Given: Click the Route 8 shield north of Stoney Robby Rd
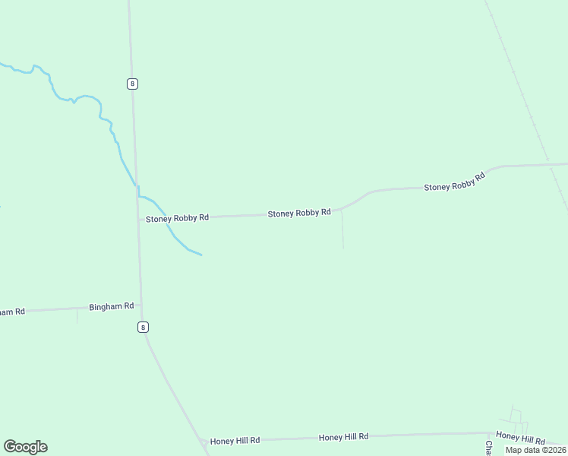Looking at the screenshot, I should click(x=132, y=84).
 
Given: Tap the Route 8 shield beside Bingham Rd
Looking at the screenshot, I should click(x=143, y=327).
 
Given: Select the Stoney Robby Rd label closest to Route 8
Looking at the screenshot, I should click(x=177, y=218).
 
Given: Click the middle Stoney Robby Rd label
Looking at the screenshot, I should click(x=299, y=214).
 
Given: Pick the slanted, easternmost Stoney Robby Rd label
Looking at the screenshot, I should click(x=454, y=182).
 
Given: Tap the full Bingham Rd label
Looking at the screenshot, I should click(x=111, y=306).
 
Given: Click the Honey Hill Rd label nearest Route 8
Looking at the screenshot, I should click(x=235, y=440).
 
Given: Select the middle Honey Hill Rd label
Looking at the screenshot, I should click(x=343, y=437).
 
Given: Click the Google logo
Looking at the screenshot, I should click(x=25, y=447).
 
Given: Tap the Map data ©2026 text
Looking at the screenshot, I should click(x=535, y=450).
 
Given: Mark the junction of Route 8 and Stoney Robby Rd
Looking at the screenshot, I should click(x=138, y=219).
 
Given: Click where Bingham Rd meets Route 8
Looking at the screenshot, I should click(x=140, y=306).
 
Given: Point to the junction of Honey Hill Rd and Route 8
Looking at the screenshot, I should click(x=203, y=441).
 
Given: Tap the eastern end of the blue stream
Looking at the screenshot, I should click(x=200, y=255).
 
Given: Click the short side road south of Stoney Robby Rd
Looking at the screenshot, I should click(x=342, y=230).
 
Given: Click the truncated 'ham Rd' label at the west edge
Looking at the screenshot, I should click(x=12, y=312).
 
